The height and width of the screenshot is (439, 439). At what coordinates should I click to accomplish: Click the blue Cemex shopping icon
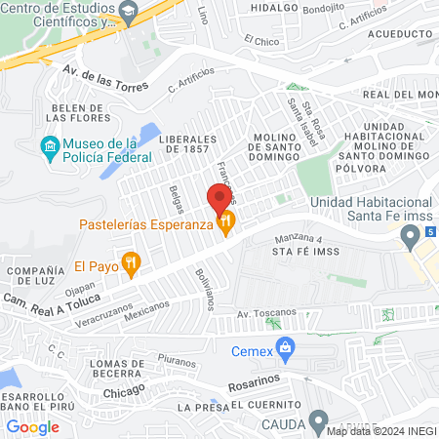click(285, 346)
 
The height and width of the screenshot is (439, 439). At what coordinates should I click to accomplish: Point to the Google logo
click(33, 426)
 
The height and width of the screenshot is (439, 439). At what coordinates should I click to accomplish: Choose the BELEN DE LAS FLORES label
click(47, 112)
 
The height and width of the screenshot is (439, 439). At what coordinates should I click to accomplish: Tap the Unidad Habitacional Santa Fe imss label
click(366, 210)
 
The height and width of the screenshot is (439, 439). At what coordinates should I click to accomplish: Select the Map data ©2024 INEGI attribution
click(381, 431)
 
